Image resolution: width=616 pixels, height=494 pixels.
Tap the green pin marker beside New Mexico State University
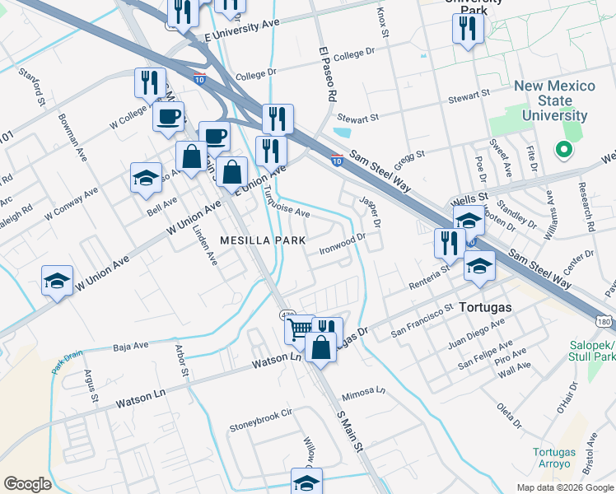pyautogui.click(x=564, y=150)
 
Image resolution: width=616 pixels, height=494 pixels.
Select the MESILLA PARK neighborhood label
pyautogui.click(x=262, y=240)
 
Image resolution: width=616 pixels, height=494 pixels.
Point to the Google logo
pyautogui.click(x=27, y=483)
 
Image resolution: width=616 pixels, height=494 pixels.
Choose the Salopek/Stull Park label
pyautogui.click(x=592, y=352)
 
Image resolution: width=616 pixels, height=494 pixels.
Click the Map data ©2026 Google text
pyautogui.click(x=564, y=487)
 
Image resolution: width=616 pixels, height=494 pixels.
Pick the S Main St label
pyautogui.click(x=349, y=431)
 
